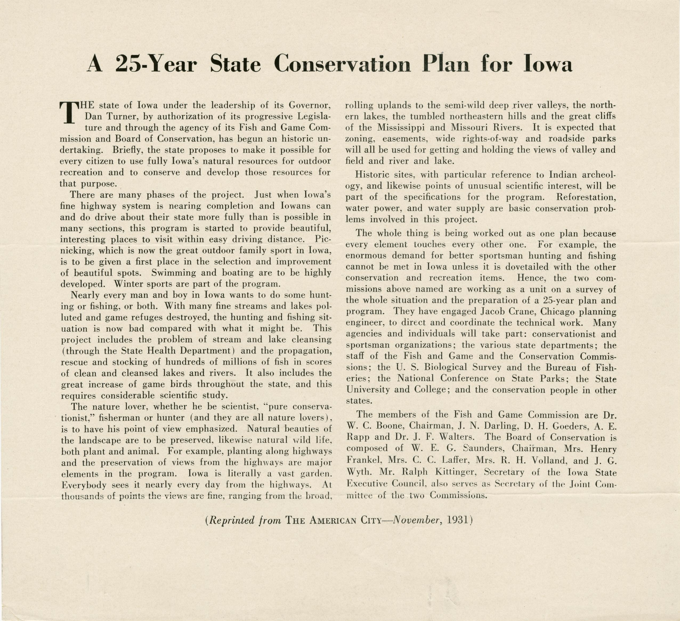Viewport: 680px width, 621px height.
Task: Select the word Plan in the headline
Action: coord(445,63)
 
